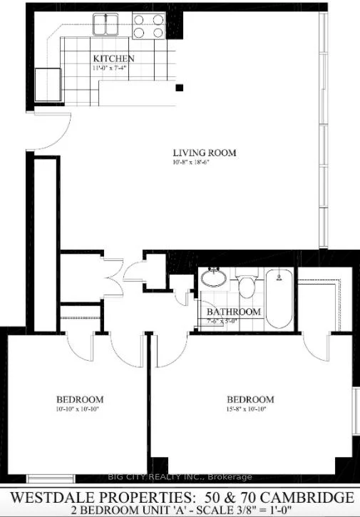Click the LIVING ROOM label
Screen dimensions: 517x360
204,153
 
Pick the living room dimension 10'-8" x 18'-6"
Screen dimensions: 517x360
204,163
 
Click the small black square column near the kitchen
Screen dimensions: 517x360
180,88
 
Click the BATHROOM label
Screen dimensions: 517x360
234,312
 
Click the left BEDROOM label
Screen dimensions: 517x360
80,399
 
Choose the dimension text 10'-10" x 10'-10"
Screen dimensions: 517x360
80,409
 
